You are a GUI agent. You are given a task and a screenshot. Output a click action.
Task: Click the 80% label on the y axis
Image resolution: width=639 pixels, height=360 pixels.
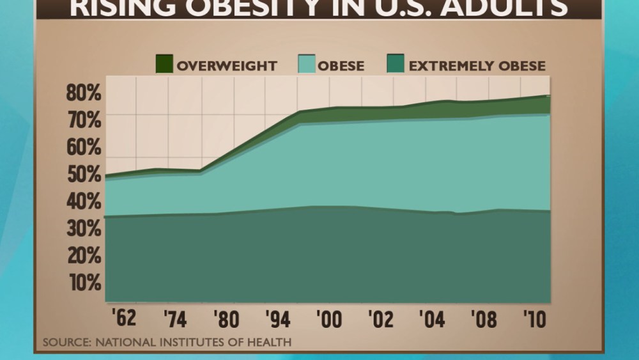84,93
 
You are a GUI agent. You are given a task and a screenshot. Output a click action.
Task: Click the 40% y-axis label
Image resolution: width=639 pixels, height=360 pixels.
84,201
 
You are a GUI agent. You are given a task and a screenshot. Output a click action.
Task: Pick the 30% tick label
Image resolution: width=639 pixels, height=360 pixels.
84,228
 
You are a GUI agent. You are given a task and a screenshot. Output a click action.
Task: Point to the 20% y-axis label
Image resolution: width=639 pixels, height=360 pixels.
84,256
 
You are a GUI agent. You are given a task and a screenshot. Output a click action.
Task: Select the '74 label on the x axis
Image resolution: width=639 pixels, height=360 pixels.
175,318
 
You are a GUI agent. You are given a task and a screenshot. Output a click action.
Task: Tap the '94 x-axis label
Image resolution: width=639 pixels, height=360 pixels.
278,318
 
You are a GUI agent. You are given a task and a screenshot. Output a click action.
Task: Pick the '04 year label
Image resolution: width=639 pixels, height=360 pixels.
433,318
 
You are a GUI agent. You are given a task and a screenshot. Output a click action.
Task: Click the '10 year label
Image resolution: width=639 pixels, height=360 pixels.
534,318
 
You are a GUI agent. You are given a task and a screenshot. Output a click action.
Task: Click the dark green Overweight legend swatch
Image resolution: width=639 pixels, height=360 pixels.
164,65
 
